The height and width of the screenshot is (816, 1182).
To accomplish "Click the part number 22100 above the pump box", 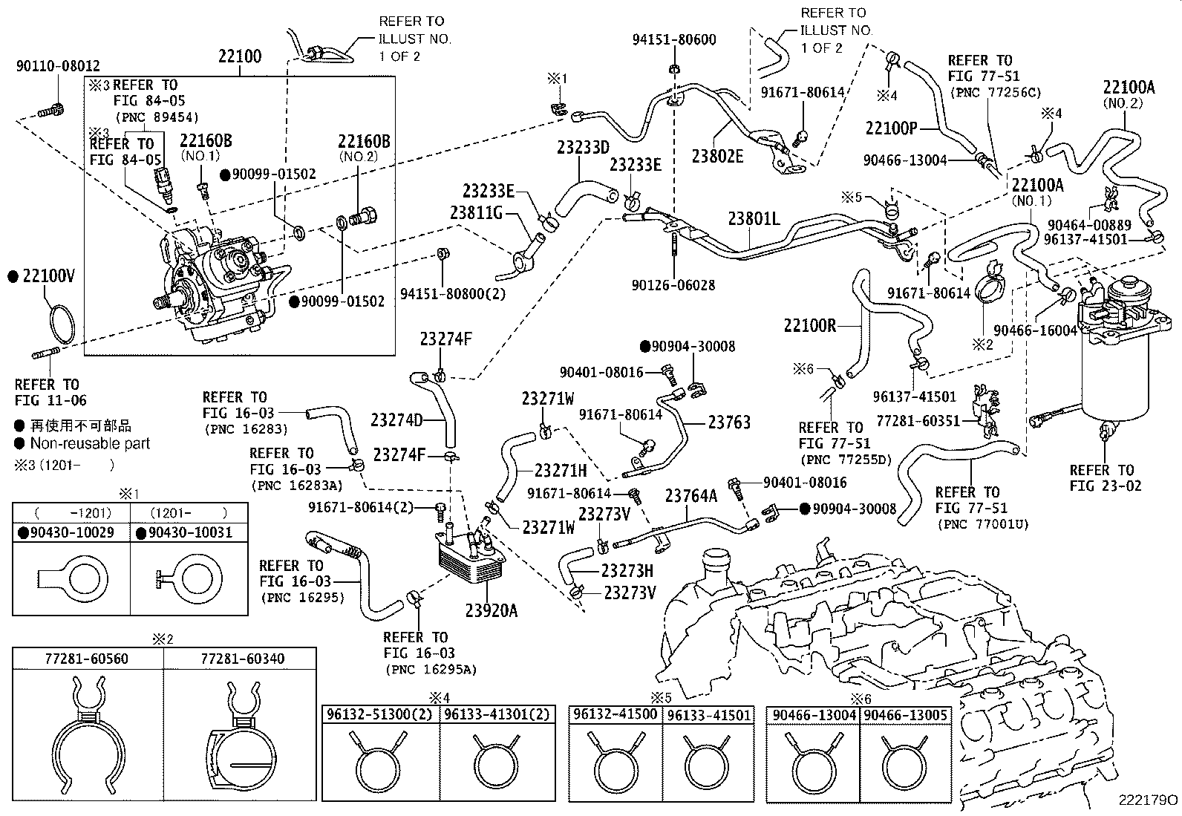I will (x=240, y=56).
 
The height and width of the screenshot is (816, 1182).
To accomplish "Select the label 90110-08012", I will (x=58, y=66).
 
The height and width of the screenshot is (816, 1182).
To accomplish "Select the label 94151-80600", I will (x=674, y=40).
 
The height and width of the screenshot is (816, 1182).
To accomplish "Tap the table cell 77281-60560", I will (x=87, y=658).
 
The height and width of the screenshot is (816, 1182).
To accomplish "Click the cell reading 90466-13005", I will (x=906, y=715).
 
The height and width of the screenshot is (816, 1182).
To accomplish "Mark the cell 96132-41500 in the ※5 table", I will (x=615, y=715).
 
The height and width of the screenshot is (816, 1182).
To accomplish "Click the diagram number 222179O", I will (x=1148, y=800).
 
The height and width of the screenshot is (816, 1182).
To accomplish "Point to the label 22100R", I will (x=810, y=325).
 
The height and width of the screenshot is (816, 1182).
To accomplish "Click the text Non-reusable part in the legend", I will (x=90, y=443).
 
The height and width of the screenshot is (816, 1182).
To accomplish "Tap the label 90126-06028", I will (x=674, y=285).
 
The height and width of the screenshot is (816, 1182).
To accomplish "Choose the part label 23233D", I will (x=584, y=147).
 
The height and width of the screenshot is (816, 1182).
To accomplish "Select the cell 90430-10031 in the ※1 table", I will (x=190, y=532).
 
